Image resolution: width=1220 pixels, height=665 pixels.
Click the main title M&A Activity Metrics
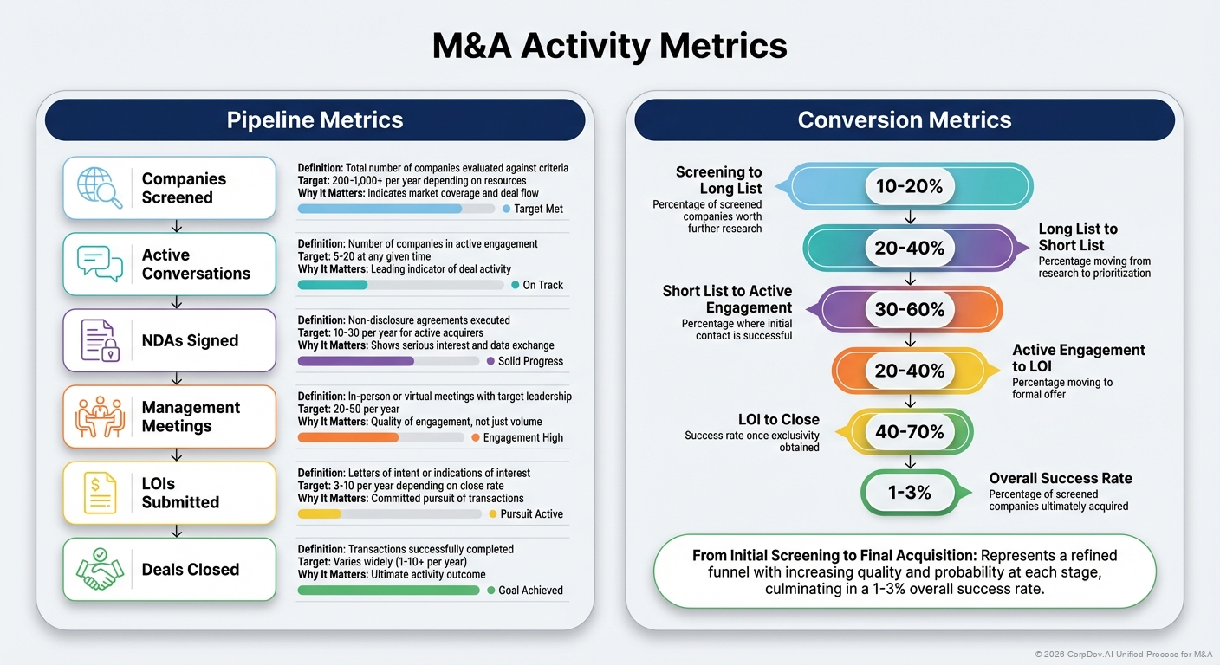(x=609, y=45)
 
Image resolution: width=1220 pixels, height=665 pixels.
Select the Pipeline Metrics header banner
(x=315, y=119)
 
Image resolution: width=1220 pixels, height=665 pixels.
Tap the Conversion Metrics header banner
(x=904, y=119)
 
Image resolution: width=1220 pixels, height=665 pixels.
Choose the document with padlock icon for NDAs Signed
(x=98, y=339)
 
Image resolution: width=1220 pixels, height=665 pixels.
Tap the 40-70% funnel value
(x=909, y=431)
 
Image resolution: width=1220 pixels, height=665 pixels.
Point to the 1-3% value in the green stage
(x=909, y=493)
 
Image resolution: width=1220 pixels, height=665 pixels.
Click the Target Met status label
(x=538, y=209)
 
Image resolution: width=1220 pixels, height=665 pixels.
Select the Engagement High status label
(x=522, y=437)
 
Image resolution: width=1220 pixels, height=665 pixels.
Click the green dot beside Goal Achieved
(x=491, y=590)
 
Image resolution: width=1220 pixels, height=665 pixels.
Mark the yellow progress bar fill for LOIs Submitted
(x=319, y=513)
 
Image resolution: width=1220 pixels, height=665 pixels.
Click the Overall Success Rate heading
(x=1060, y=478)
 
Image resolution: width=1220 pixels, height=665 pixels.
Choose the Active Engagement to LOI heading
(x=1078, y=358)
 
